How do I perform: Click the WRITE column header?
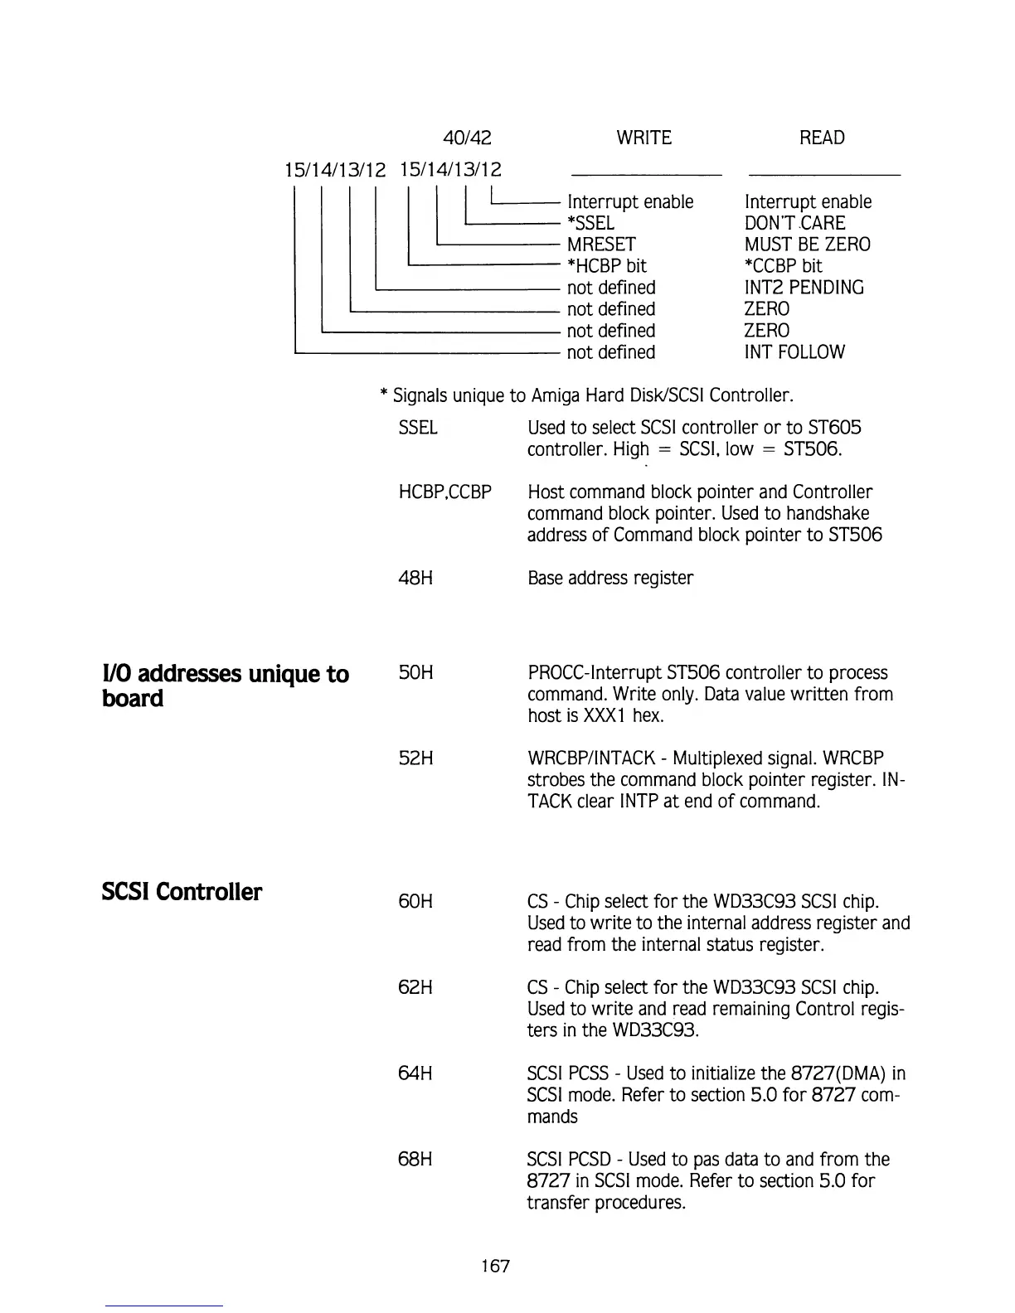click(x=643, y=138)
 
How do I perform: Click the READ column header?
click(x=821, y=138)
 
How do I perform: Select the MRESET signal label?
click(x=601, y=245)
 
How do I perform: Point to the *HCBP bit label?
click(x=606, y=266)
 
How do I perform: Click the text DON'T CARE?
click(x=794, y=223)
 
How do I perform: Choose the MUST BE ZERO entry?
click(x=807, y=245)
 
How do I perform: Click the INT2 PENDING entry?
click(x=804, y=288)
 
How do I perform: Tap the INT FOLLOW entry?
click(x=794, y=352)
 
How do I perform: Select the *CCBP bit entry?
click(x=783, y=266)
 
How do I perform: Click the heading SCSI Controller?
click(x=182, y=892)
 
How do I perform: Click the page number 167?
click(x=495, y=1266)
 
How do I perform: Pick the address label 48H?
click(x=415, y=578)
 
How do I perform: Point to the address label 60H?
click(x=415, y=901)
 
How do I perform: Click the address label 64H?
click(x=415, y=1073)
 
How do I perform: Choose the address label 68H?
click(x=415, y=1160)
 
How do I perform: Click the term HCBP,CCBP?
click(x=445, y=492)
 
